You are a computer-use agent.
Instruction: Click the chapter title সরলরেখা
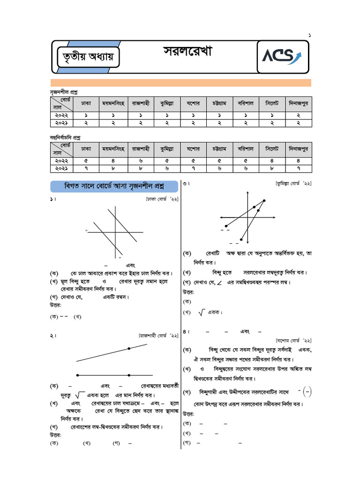point(187,52)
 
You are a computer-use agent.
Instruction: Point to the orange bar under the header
point(180,83)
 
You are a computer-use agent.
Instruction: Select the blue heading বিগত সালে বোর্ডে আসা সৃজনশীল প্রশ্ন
point(114,186)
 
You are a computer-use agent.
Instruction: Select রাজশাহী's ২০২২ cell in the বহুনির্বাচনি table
point(140,160)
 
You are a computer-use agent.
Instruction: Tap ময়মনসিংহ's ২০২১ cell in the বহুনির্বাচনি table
point(113,168)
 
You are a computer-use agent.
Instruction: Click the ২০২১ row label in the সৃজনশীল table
point(61,123)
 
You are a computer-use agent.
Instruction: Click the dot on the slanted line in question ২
point(129,348)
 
